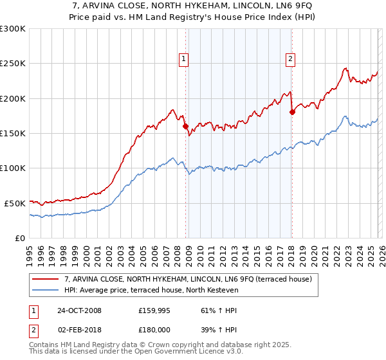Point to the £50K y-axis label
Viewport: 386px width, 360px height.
15,203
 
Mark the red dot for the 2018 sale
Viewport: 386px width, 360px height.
292,112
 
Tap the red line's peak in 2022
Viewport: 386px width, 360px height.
345,68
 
